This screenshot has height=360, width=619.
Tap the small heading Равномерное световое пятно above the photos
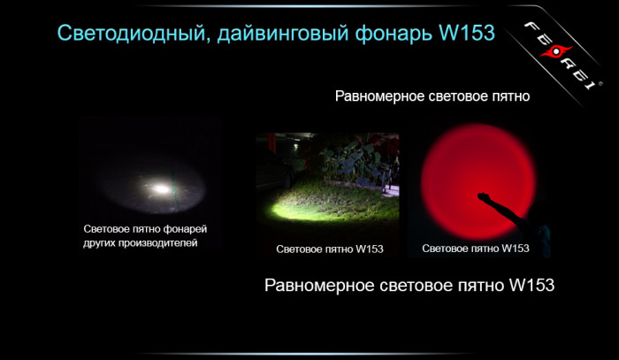click(432, 96)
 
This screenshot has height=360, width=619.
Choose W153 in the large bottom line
click(531, 286)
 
